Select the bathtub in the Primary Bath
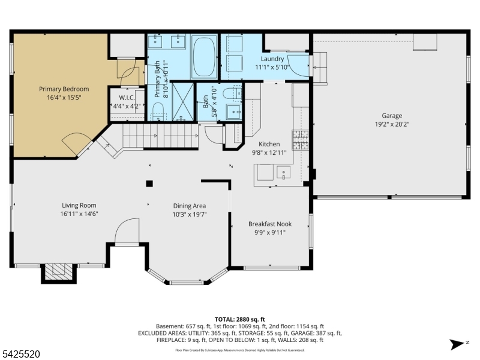(204, 57)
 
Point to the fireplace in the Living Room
(59, 272)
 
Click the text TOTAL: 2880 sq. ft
(240, 319)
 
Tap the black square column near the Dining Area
(149, 184)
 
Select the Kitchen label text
(269, 144)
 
